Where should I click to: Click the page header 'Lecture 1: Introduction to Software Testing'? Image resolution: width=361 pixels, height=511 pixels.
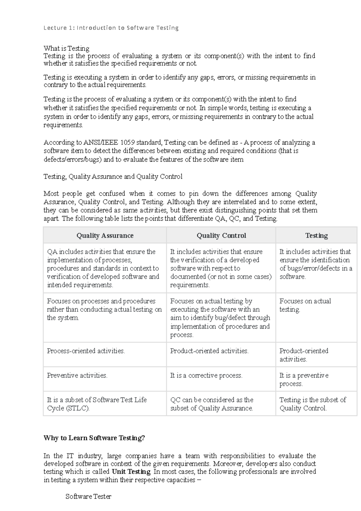click(x=111, y=28)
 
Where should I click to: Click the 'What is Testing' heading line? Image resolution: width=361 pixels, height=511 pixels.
click(x=66, y=48)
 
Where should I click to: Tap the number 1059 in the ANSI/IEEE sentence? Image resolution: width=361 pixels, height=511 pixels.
click(x=127, y=142)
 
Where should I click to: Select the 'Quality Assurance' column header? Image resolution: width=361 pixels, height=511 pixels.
click(x=105, y=236)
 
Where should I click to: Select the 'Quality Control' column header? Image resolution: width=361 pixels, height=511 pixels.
click(x=221, y=236)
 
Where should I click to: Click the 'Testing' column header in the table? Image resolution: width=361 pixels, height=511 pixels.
click(x=316, y=236)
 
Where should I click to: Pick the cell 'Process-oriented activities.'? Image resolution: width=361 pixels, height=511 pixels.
click(x=86, y=351)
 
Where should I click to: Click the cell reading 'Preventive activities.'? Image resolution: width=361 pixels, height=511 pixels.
click(x=77, y=376)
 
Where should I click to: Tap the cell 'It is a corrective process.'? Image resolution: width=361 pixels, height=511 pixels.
click(x=206, y=376)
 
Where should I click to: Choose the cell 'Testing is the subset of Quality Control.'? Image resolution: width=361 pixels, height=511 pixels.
click(x=313, y=404)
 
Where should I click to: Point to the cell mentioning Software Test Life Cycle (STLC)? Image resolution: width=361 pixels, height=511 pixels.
click(x=97, y=404)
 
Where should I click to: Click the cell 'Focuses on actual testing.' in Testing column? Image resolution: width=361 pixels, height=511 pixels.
click(x=305, y=305)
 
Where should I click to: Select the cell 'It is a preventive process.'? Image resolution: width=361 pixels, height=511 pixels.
click(x=304, y=379)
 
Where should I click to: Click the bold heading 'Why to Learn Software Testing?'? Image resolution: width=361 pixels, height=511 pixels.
click(x=94, y=438)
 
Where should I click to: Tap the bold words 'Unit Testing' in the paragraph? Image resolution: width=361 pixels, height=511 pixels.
click(x=131, y=472)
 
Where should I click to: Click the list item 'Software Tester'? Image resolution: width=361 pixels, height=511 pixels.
click(x=88, y=497)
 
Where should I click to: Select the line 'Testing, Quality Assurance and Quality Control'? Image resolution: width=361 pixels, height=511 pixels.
click(x=113, y=177)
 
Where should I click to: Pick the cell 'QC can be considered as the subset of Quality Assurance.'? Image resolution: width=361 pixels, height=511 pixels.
click(x=212, y=404)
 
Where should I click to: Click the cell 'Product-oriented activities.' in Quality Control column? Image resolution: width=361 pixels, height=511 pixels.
click(x=209, y=351)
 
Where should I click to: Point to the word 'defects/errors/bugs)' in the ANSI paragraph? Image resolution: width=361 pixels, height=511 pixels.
click(x=73, y=159)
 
